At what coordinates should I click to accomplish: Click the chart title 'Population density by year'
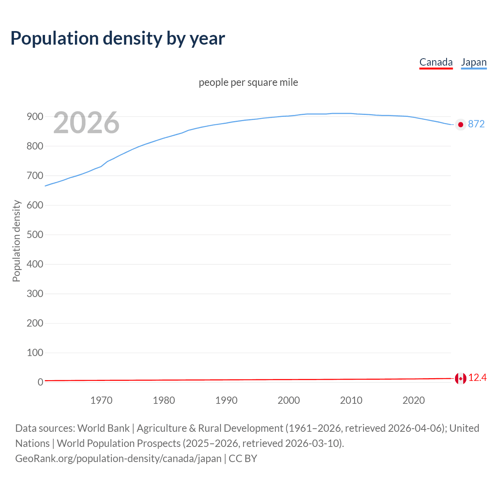tap(118, 38)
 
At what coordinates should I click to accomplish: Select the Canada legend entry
tap(436, 62)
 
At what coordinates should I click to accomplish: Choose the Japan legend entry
tap(474, 62)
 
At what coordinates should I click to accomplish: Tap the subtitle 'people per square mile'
tap(248, 82)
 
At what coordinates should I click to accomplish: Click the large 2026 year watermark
tap(86, 123)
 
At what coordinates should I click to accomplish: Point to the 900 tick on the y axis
tap(35, 117)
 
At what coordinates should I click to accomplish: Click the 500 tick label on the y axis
tap(35, 235)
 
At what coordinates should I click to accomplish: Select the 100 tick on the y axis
tap(35, 353)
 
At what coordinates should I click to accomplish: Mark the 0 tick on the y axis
tap(40, 382)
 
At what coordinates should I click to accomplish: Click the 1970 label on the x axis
tap(101, 400)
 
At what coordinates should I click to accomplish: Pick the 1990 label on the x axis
tap(226, 400)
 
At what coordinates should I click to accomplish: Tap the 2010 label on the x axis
tap(351, 400)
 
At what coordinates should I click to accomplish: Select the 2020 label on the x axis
tap(414, 400)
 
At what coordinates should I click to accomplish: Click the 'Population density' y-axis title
tap(16, 241)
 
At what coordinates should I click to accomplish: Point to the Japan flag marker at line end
tap(461, 125)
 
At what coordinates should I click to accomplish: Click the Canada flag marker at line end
tap(461, 378)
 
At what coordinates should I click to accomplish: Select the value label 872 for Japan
tap(476, 124)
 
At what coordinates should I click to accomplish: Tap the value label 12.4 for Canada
tap(478, 378)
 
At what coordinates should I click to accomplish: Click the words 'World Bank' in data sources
tap(103, 428)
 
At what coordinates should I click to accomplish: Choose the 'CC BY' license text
tap(243, 459)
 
